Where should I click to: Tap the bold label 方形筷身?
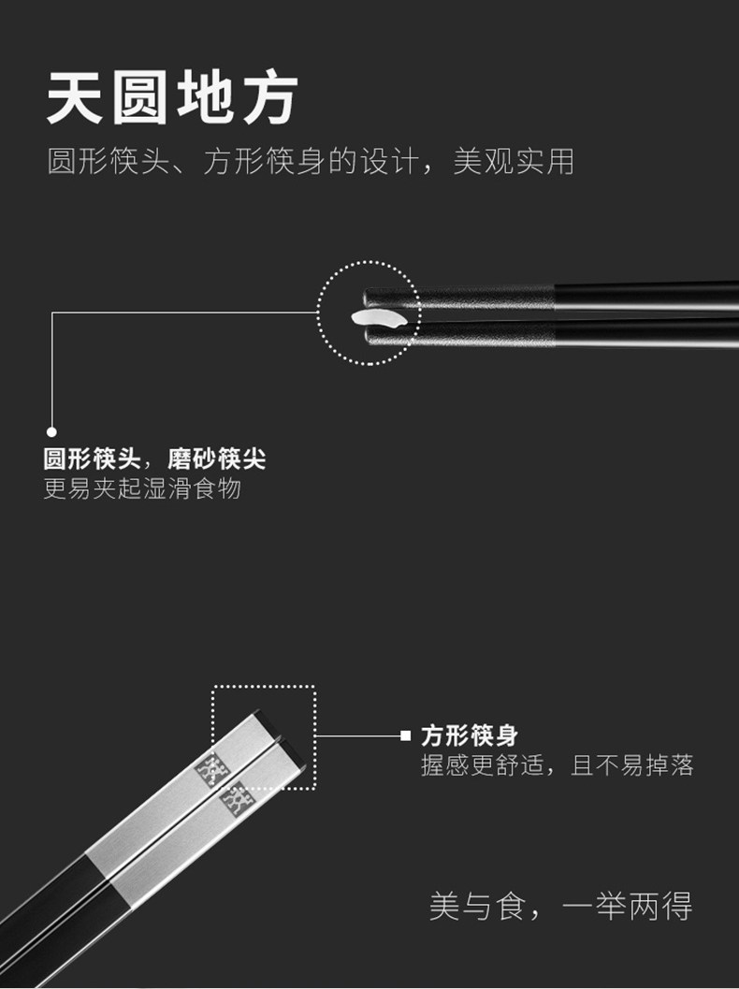469,735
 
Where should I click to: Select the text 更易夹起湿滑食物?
142,488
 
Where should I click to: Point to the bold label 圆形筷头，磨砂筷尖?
154,459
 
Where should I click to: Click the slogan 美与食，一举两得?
560,906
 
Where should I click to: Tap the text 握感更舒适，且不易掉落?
557,766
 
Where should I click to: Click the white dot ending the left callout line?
52,431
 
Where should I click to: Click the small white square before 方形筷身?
405,735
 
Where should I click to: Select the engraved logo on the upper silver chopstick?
211,765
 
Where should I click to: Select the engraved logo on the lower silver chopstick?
235,798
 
